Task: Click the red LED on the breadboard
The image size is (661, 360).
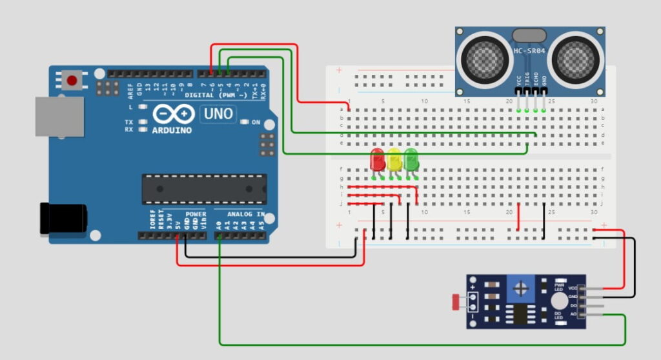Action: point(378,159)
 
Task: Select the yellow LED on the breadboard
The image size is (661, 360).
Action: point(394,159)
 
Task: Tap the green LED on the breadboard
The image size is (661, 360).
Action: point(411,159)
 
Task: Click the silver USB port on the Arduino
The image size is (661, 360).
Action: point(59,117)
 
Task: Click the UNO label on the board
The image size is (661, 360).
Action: point(219,114)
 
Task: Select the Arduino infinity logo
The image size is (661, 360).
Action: point(174,114)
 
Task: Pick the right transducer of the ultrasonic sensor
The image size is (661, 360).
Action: point(576,59)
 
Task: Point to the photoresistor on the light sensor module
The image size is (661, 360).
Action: point(458,299)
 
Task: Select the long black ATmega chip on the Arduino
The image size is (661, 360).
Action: point(204,189)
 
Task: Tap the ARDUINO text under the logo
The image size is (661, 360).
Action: point(174,130)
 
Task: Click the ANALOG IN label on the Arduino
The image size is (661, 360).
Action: point(246,214)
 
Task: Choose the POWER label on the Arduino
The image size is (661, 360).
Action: point(196,214)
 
